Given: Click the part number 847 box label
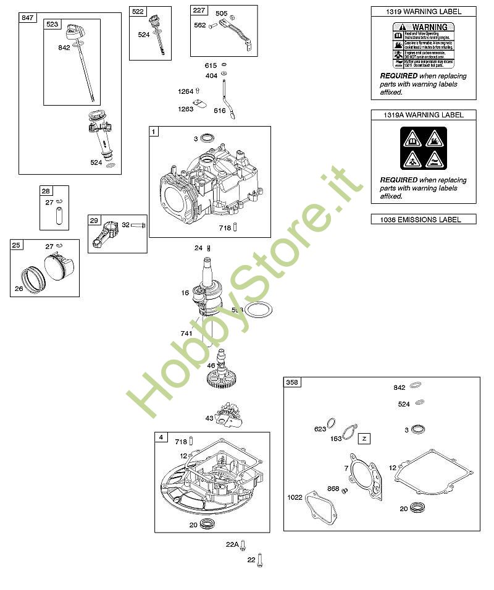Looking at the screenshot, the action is point(27,18).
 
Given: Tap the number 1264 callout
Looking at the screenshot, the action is point(185,91).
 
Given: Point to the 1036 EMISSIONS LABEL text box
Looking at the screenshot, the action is point(424,219).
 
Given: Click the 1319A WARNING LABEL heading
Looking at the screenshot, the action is point(424,115).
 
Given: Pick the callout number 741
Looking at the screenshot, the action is point(186,334).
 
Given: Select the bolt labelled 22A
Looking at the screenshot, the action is point(243,545).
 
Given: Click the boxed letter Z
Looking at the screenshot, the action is point(364,439).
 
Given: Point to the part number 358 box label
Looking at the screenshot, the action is point(291,383).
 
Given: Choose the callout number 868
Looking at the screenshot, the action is point(333,489).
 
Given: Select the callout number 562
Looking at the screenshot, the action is point(199,25).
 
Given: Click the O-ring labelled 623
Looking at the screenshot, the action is point(332,424).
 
